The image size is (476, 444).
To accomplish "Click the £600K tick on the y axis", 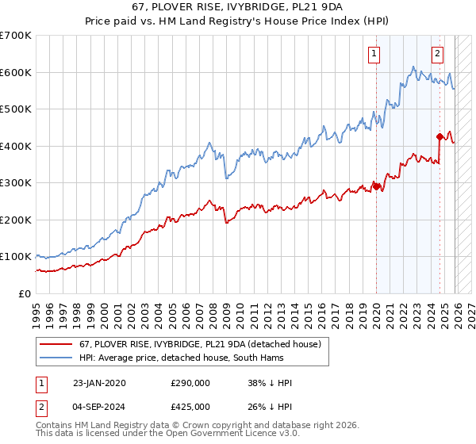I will click(x=16, y=72).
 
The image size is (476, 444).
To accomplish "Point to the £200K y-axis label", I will click(x=16, y=220).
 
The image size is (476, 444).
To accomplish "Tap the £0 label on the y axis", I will click(x=24, y=293).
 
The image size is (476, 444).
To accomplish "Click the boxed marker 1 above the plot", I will click(x=374, y=54).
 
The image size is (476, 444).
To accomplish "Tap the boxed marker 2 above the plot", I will click(x=437, y=54).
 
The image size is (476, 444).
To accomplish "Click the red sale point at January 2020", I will click(x=376, y=187).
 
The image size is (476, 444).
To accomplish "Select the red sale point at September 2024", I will click(x=440, y=136).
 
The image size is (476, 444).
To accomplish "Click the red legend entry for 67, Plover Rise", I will click(x=198, y=344).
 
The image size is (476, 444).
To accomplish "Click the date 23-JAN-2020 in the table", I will click(x=98, y=383).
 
